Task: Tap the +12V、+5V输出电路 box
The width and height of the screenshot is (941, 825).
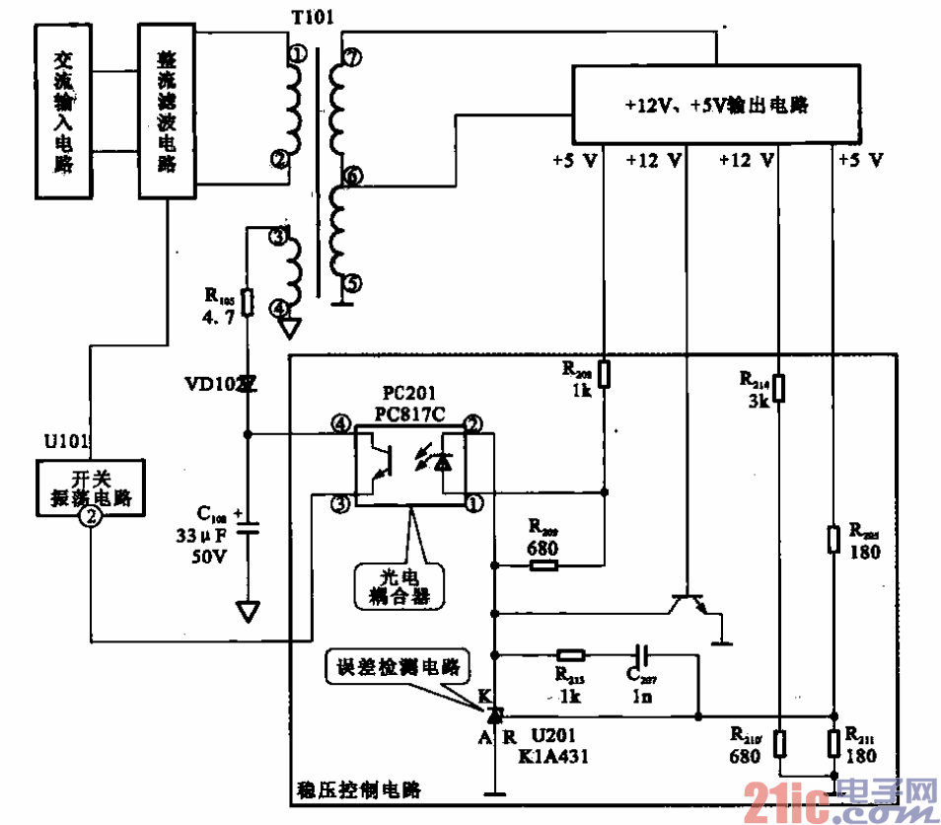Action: click(716, 105)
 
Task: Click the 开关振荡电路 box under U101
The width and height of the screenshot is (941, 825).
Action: click(90, 489)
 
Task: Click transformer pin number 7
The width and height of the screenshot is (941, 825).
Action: click(351, 58)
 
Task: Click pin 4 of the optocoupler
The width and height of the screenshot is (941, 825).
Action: click(340, 424)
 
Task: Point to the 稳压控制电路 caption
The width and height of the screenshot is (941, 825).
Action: click(358, 790)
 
